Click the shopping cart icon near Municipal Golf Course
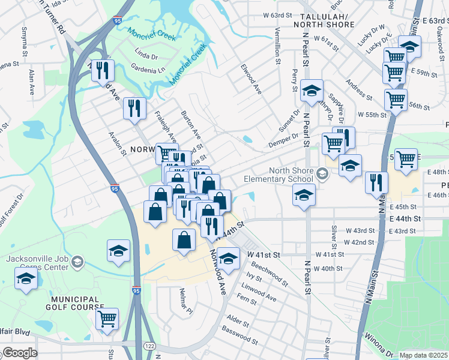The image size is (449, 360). [x=107, y=319]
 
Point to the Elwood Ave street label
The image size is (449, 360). [x=252, y=79]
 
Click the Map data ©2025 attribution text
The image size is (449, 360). [x=424, y=355]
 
